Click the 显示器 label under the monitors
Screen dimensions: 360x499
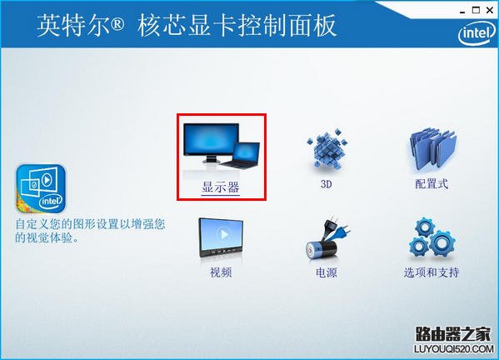click(221, 187)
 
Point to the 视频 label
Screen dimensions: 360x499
click(221, 272)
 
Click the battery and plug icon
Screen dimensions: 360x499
click(326, 239)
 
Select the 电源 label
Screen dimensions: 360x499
click(326, 272)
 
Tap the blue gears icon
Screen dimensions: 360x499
click(431, 239)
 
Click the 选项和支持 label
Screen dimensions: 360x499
click(432, 272)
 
